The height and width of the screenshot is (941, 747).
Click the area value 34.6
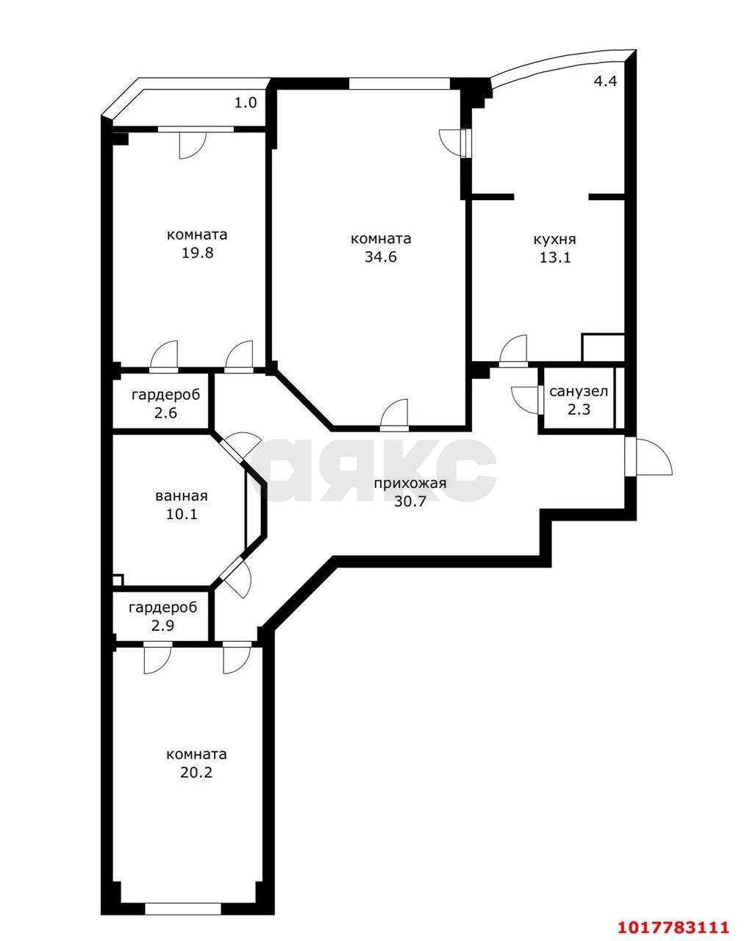[x=381, y=257]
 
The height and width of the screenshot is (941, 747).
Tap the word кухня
[x=554, y=240]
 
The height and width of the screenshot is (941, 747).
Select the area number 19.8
[x=197, y=253]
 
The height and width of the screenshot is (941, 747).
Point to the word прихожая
[x=410, y=484]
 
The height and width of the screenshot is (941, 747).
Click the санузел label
[x=579, y=391]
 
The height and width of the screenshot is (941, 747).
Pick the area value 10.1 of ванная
[x=182, y=514]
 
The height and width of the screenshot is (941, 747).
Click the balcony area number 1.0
[x=246, y=103]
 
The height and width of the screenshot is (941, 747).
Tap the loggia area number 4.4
[x=605, y=81]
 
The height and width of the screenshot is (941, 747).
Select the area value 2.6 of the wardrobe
[x=165, y=412]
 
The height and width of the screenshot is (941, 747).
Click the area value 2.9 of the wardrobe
[x=162, y=626]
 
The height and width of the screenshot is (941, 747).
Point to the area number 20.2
[x=196, y=773]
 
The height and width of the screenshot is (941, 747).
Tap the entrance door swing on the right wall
[x=648, y=456]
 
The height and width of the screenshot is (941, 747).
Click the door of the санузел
[x=528, y=399]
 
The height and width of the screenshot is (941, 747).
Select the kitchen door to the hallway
[x=513, y=351]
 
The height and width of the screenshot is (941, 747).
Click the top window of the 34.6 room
[x=399, y=84]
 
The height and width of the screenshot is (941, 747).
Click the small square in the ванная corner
[x=118, y=580]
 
